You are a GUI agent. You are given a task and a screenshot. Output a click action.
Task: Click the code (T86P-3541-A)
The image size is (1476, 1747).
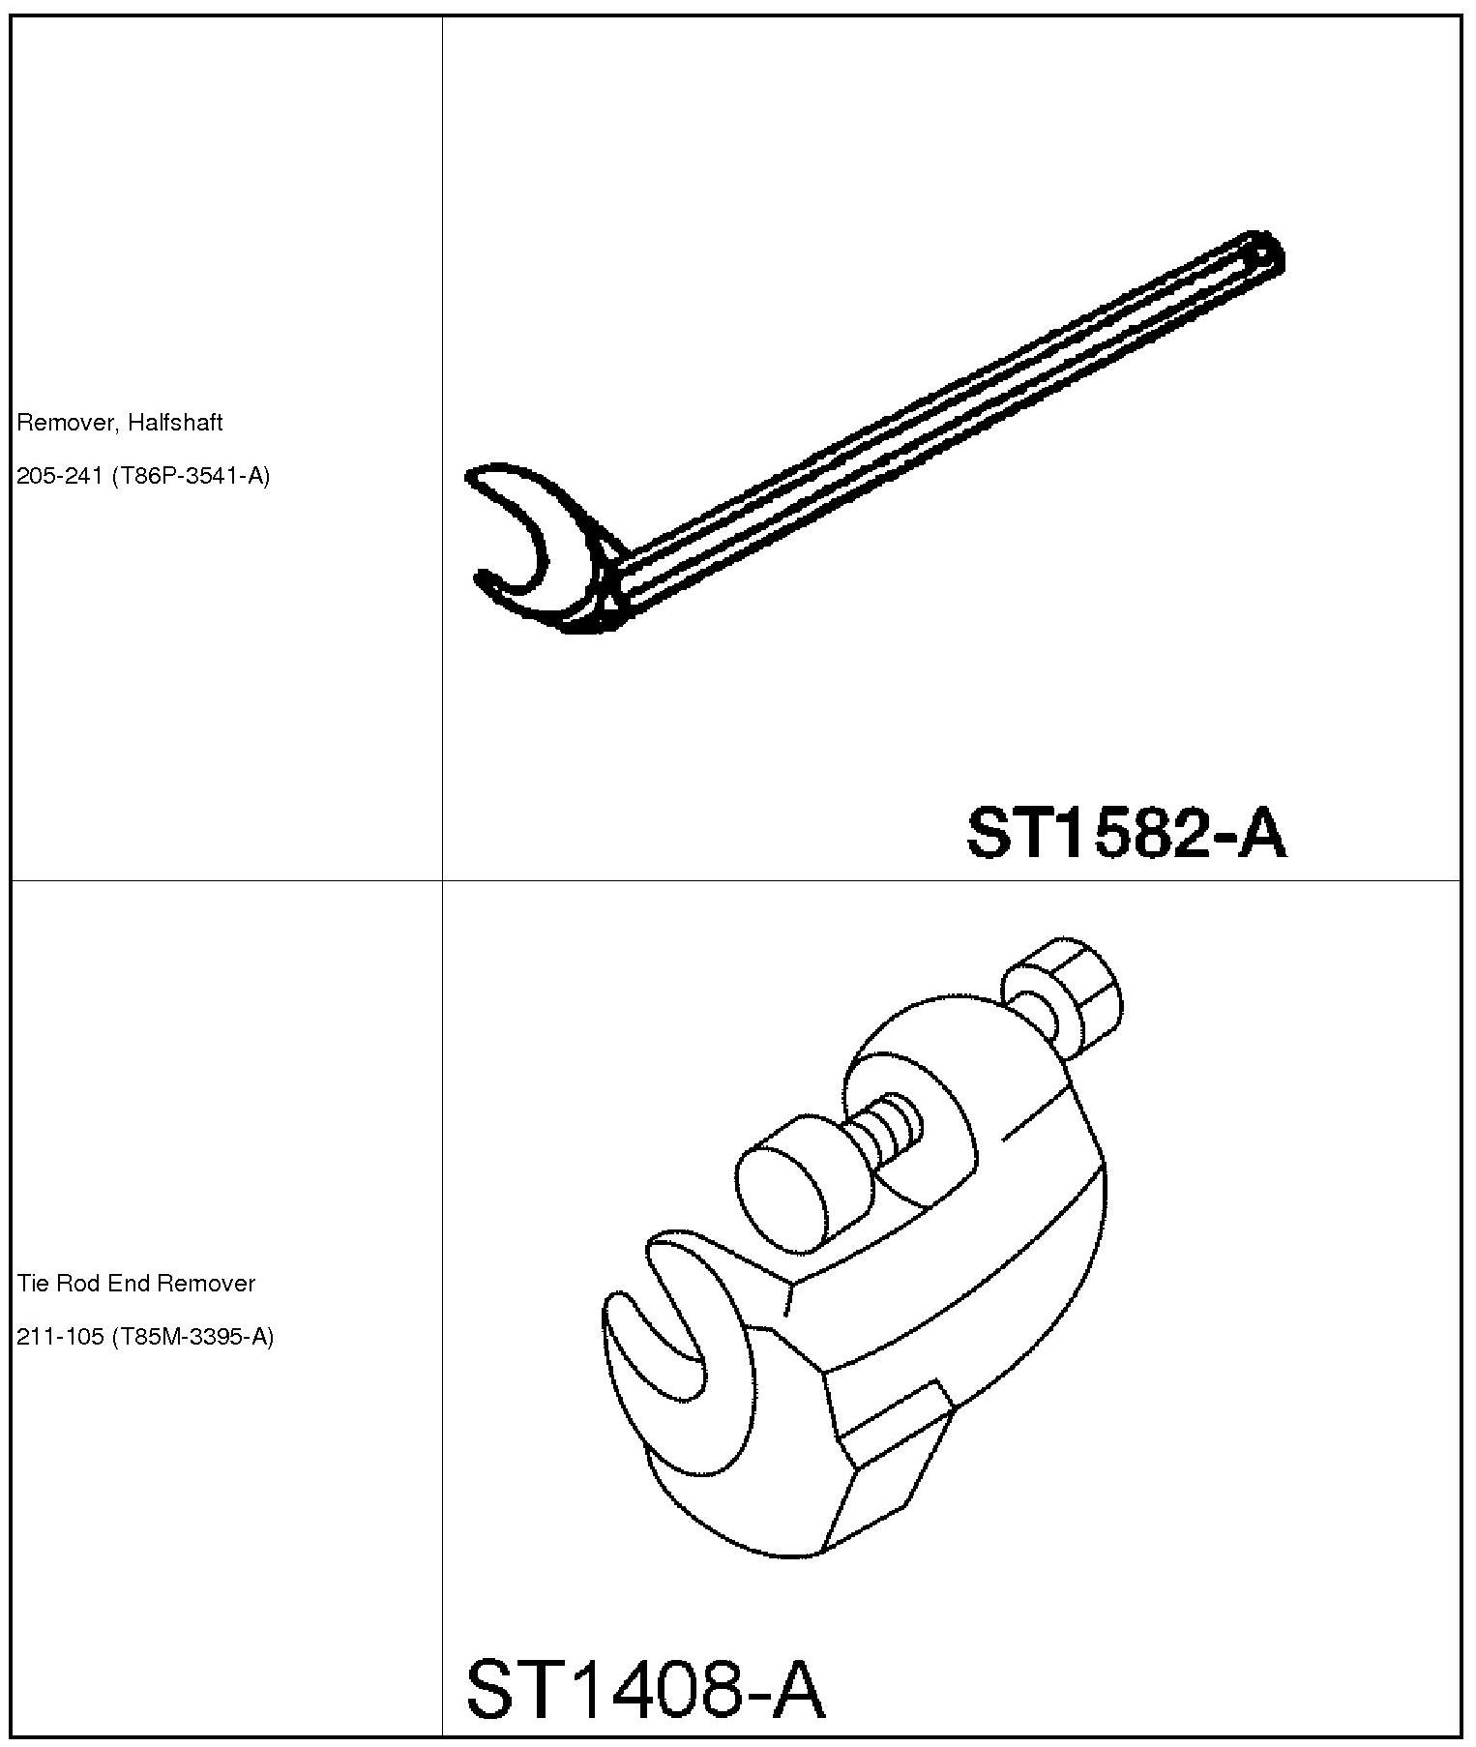click(x=191, y=476)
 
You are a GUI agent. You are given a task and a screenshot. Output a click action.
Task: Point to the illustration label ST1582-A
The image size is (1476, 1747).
click(x=1127, y=833)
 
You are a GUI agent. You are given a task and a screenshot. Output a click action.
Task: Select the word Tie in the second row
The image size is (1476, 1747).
click(x=32, y=1284)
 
